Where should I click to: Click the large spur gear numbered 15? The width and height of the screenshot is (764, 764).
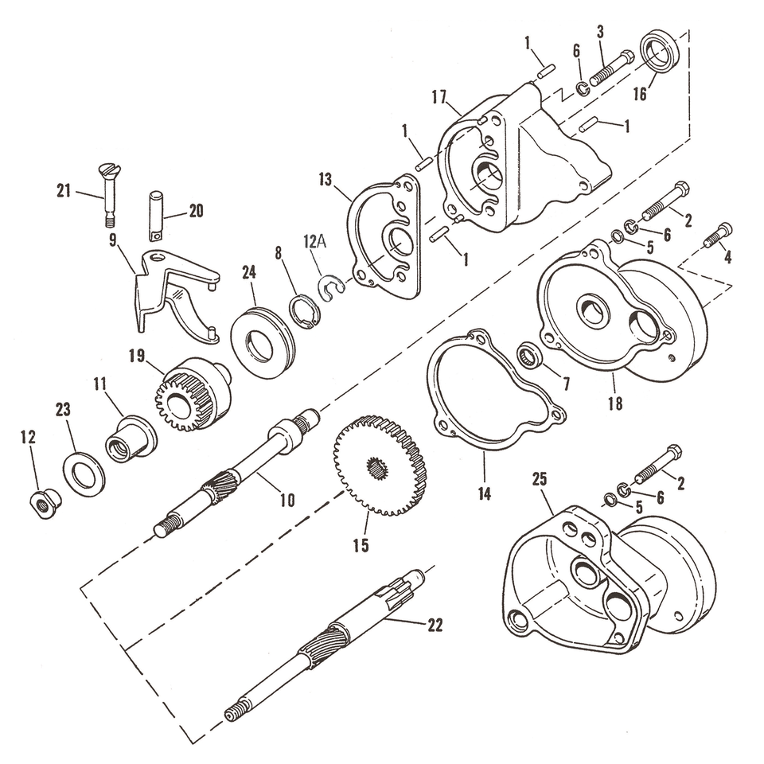380,465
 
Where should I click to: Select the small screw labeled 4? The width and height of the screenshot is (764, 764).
718,235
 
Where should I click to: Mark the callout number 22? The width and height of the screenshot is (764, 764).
434,626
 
